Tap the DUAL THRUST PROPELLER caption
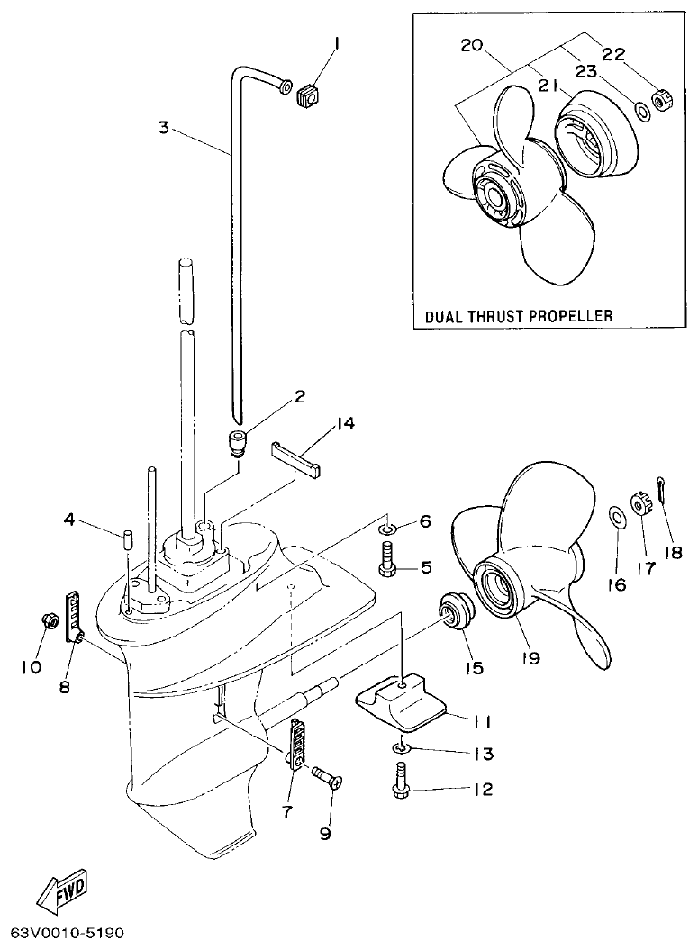pyautogui.click(x=519, y=316)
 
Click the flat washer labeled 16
pyautogui.click(x=617, y=517)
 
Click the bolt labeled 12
pyautogui.click(x=400, y=778)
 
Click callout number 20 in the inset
pyautogui.click(x=473, y=45)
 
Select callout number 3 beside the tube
pyautogui.click(x=163, y=127)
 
